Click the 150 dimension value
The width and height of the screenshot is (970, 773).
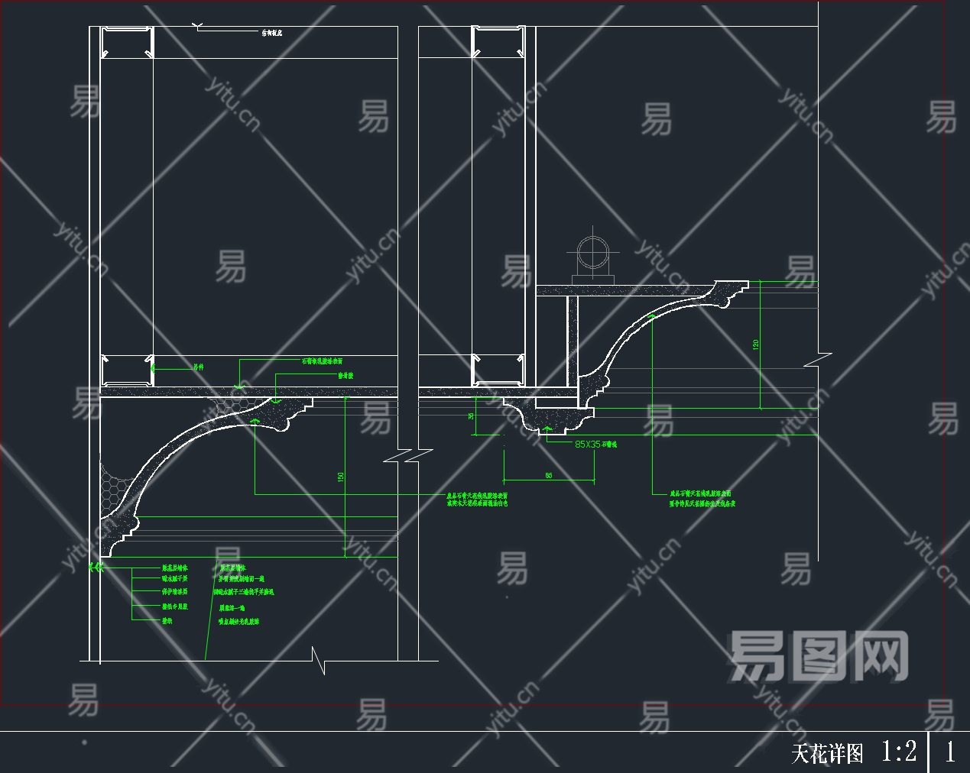[x=341, y=477]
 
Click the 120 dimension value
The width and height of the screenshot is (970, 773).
[x=756, y=344]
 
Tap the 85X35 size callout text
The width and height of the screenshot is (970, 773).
[x=587, y=444]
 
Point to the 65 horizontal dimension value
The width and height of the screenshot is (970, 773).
[x=549, y=475]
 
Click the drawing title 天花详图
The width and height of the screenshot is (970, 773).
[x=827, y=753]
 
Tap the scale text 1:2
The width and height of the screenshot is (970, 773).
[x=898, y=751]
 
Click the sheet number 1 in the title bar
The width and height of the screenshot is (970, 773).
[x=949, y=752]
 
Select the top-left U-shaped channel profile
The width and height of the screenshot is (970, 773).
[x=128, y=43]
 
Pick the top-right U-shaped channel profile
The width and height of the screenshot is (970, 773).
[x=498, y=42]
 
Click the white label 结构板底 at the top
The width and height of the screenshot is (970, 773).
[x=272, y=33]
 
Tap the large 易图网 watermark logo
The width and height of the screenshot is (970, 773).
[x=818, y=655]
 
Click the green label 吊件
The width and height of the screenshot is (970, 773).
[x=199, y=367]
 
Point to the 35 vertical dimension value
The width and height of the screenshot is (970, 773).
[x=471, y=416]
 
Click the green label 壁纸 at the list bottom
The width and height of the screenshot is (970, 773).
[x=167, y=620]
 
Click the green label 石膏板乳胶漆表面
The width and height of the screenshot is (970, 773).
[x=322, y=361]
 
